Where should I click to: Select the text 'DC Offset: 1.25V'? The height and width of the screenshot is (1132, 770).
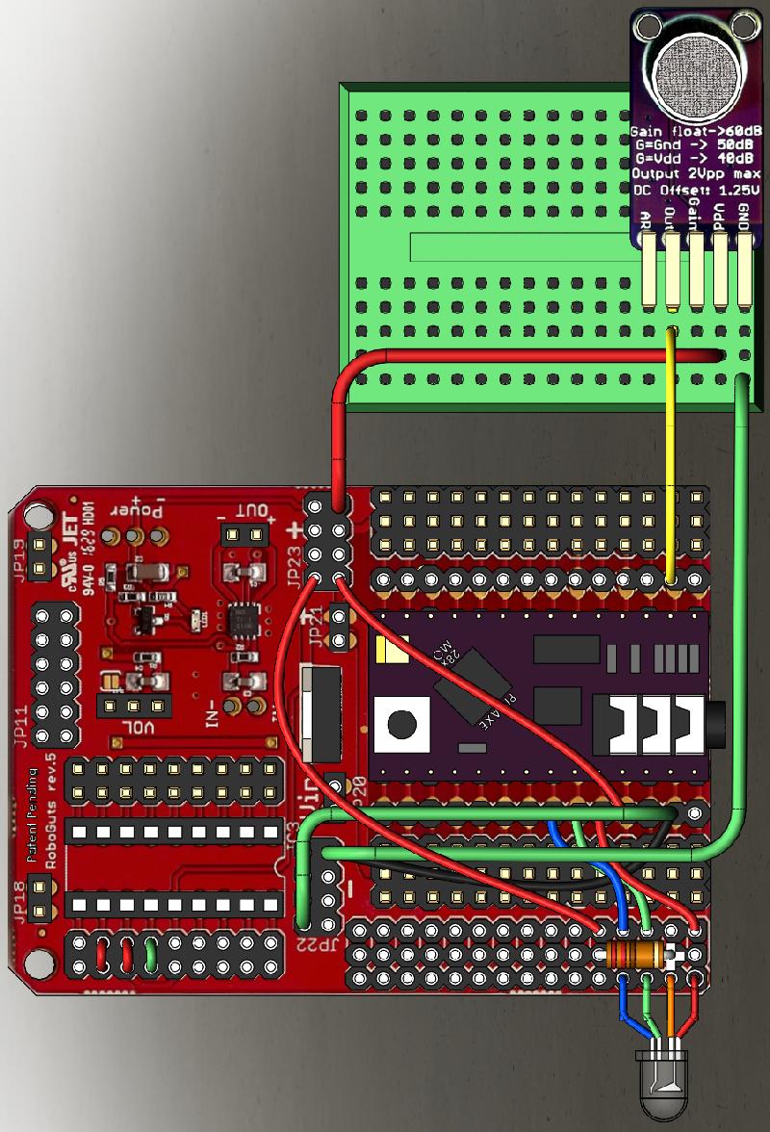(x=697, y=191)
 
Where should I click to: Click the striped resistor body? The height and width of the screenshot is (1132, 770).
(x=637, y=956)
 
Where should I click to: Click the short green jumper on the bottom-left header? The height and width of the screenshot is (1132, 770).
(x=151, y=956)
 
